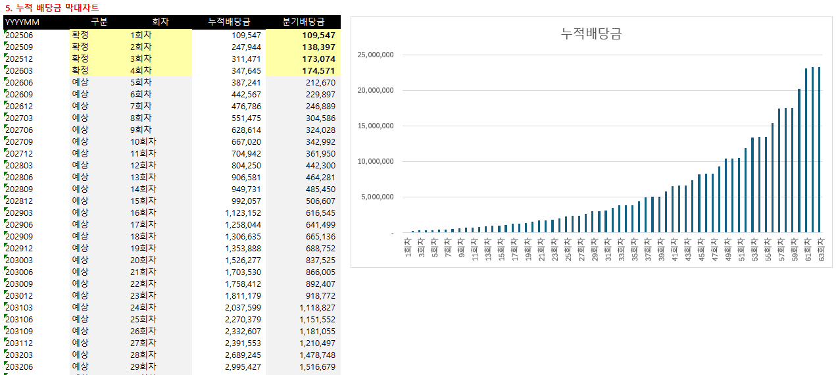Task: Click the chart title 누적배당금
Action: [591, 34]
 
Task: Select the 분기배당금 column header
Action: [303, 22]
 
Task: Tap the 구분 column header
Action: [99, 22]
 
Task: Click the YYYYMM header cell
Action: [22, 22]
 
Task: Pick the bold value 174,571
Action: [318, 70]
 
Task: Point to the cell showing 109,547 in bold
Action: [318, 35]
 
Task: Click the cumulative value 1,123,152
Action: [243, 213]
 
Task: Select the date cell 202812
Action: [19, 201]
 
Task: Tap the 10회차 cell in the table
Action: [143, 141]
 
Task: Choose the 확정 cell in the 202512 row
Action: [80, 59]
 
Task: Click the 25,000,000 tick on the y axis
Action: [375, 55]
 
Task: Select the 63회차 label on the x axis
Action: [820, 251]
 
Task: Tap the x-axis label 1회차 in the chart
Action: [408, 249]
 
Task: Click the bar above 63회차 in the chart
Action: [819, 149]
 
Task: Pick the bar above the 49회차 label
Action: [726, 195]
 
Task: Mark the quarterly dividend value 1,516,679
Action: [317, 366]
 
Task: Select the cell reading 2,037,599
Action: [243, 307]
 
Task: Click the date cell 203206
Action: [19, 366]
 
